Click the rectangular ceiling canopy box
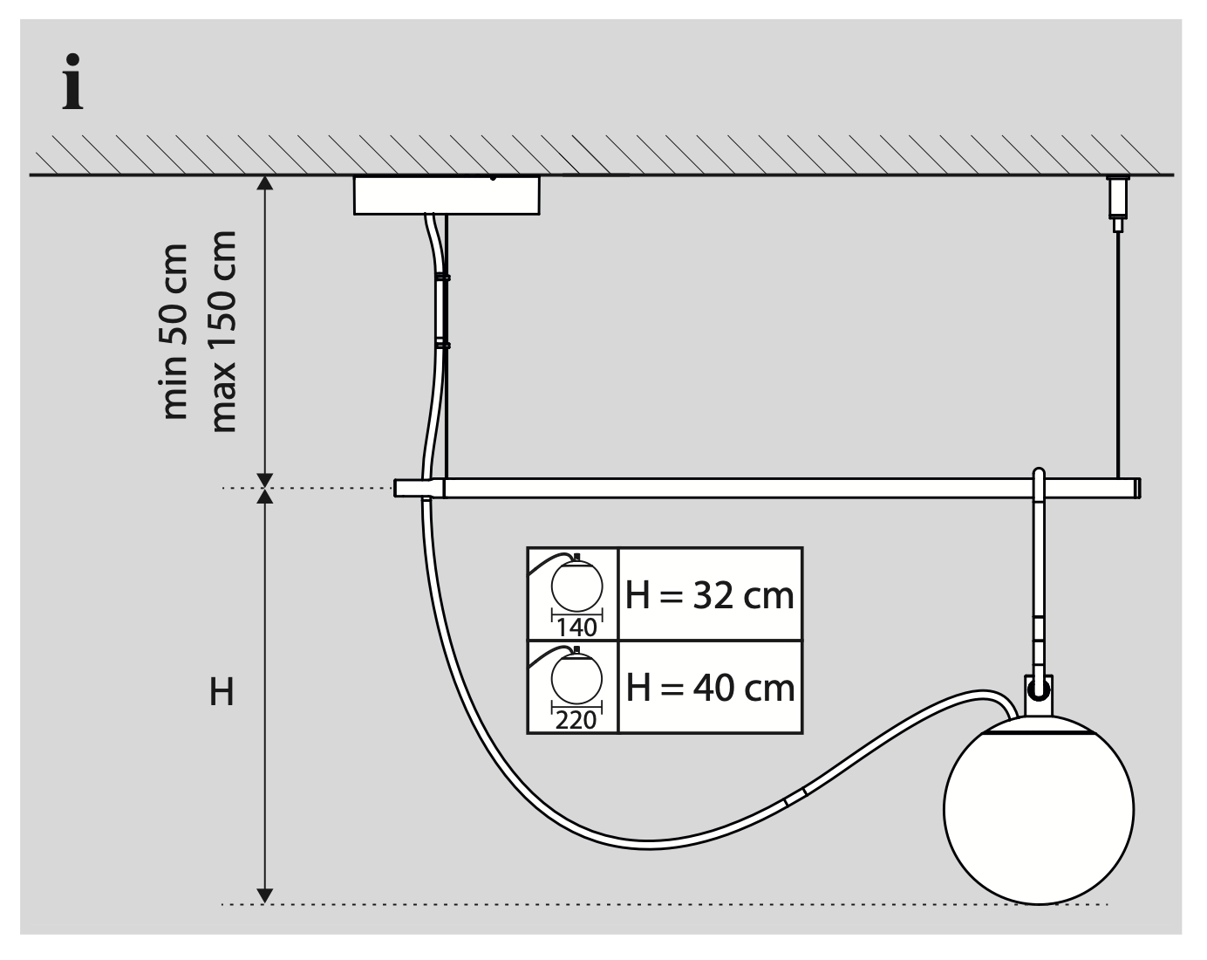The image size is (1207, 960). coord(447,195)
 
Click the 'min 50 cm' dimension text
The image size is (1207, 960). coord(176,331)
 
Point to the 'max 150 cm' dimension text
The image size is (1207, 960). coord(223,331)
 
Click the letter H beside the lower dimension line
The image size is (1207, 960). coord(222,693)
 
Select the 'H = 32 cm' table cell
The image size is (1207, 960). coord(709,595)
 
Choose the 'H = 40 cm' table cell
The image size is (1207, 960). coord(709,688)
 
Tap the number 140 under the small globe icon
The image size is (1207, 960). coord(576,627)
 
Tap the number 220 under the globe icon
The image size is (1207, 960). coord(576,720)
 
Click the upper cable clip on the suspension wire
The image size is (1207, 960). coord(442,277)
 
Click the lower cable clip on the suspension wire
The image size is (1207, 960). coord(442,346)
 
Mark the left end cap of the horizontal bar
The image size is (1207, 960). coord(408,488)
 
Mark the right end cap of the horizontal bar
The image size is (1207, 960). coord(1137,488)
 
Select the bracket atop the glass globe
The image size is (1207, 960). coord(1038,693)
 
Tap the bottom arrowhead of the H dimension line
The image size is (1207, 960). coord(266,895)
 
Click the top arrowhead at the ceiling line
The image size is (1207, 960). coord(266,182)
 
